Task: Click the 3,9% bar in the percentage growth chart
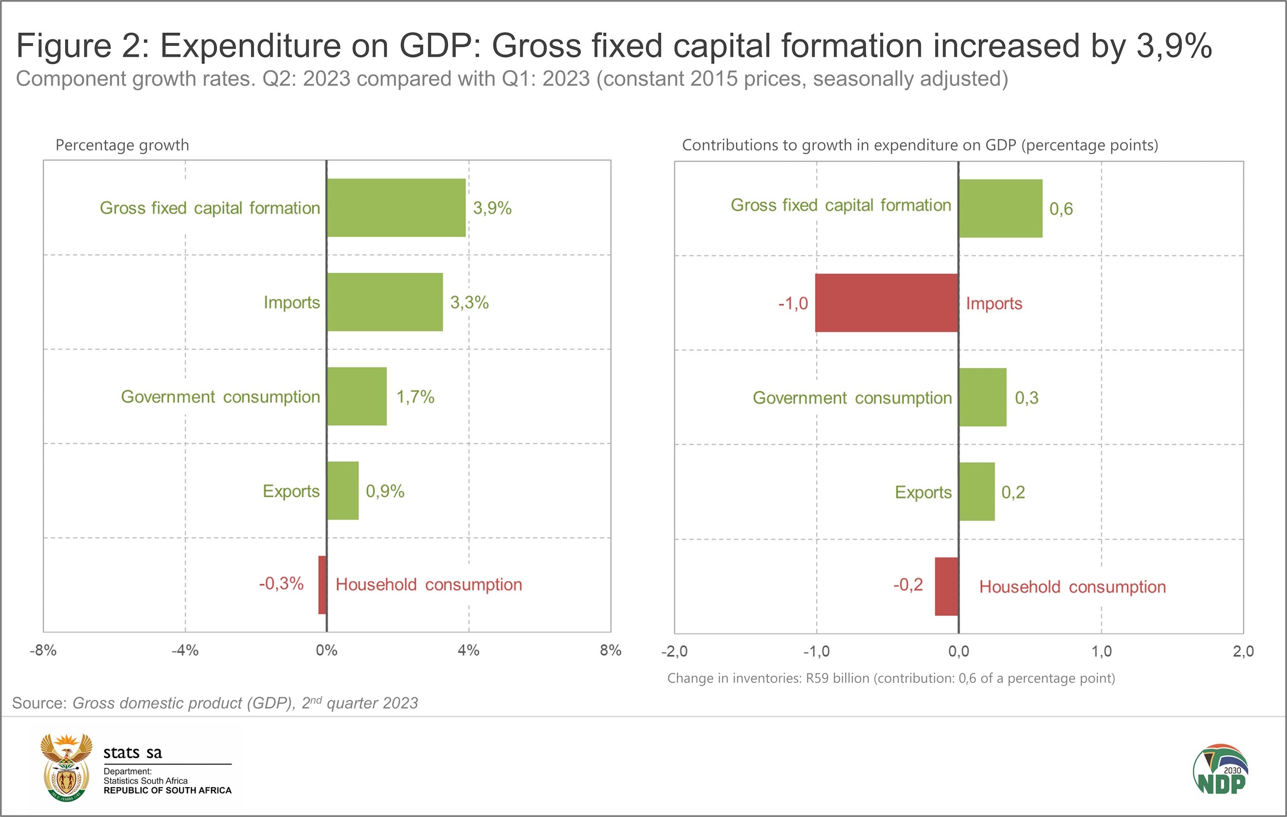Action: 396,207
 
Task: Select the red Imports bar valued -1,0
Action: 886,303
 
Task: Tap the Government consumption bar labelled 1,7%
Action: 356,396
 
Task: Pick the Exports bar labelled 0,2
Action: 977,492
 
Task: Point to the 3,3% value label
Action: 469,302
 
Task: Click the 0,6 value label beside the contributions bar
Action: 1061,208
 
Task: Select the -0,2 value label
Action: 908,584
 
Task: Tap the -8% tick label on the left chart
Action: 43,650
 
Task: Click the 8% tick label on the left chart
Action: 611,650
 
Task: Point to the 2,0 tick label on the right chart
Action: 1243,651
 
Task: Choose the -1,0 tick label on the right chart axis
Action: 816,651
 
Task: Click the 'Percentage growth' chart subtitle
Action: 122,145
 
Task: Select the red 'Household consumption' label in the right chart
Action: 1072,587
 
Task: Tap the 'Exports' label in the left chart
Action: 291,491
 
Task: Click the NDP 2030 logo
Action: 1221,770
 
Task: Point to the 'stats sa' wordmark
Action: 132,752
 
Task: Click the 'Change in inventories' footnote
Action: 891,678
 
